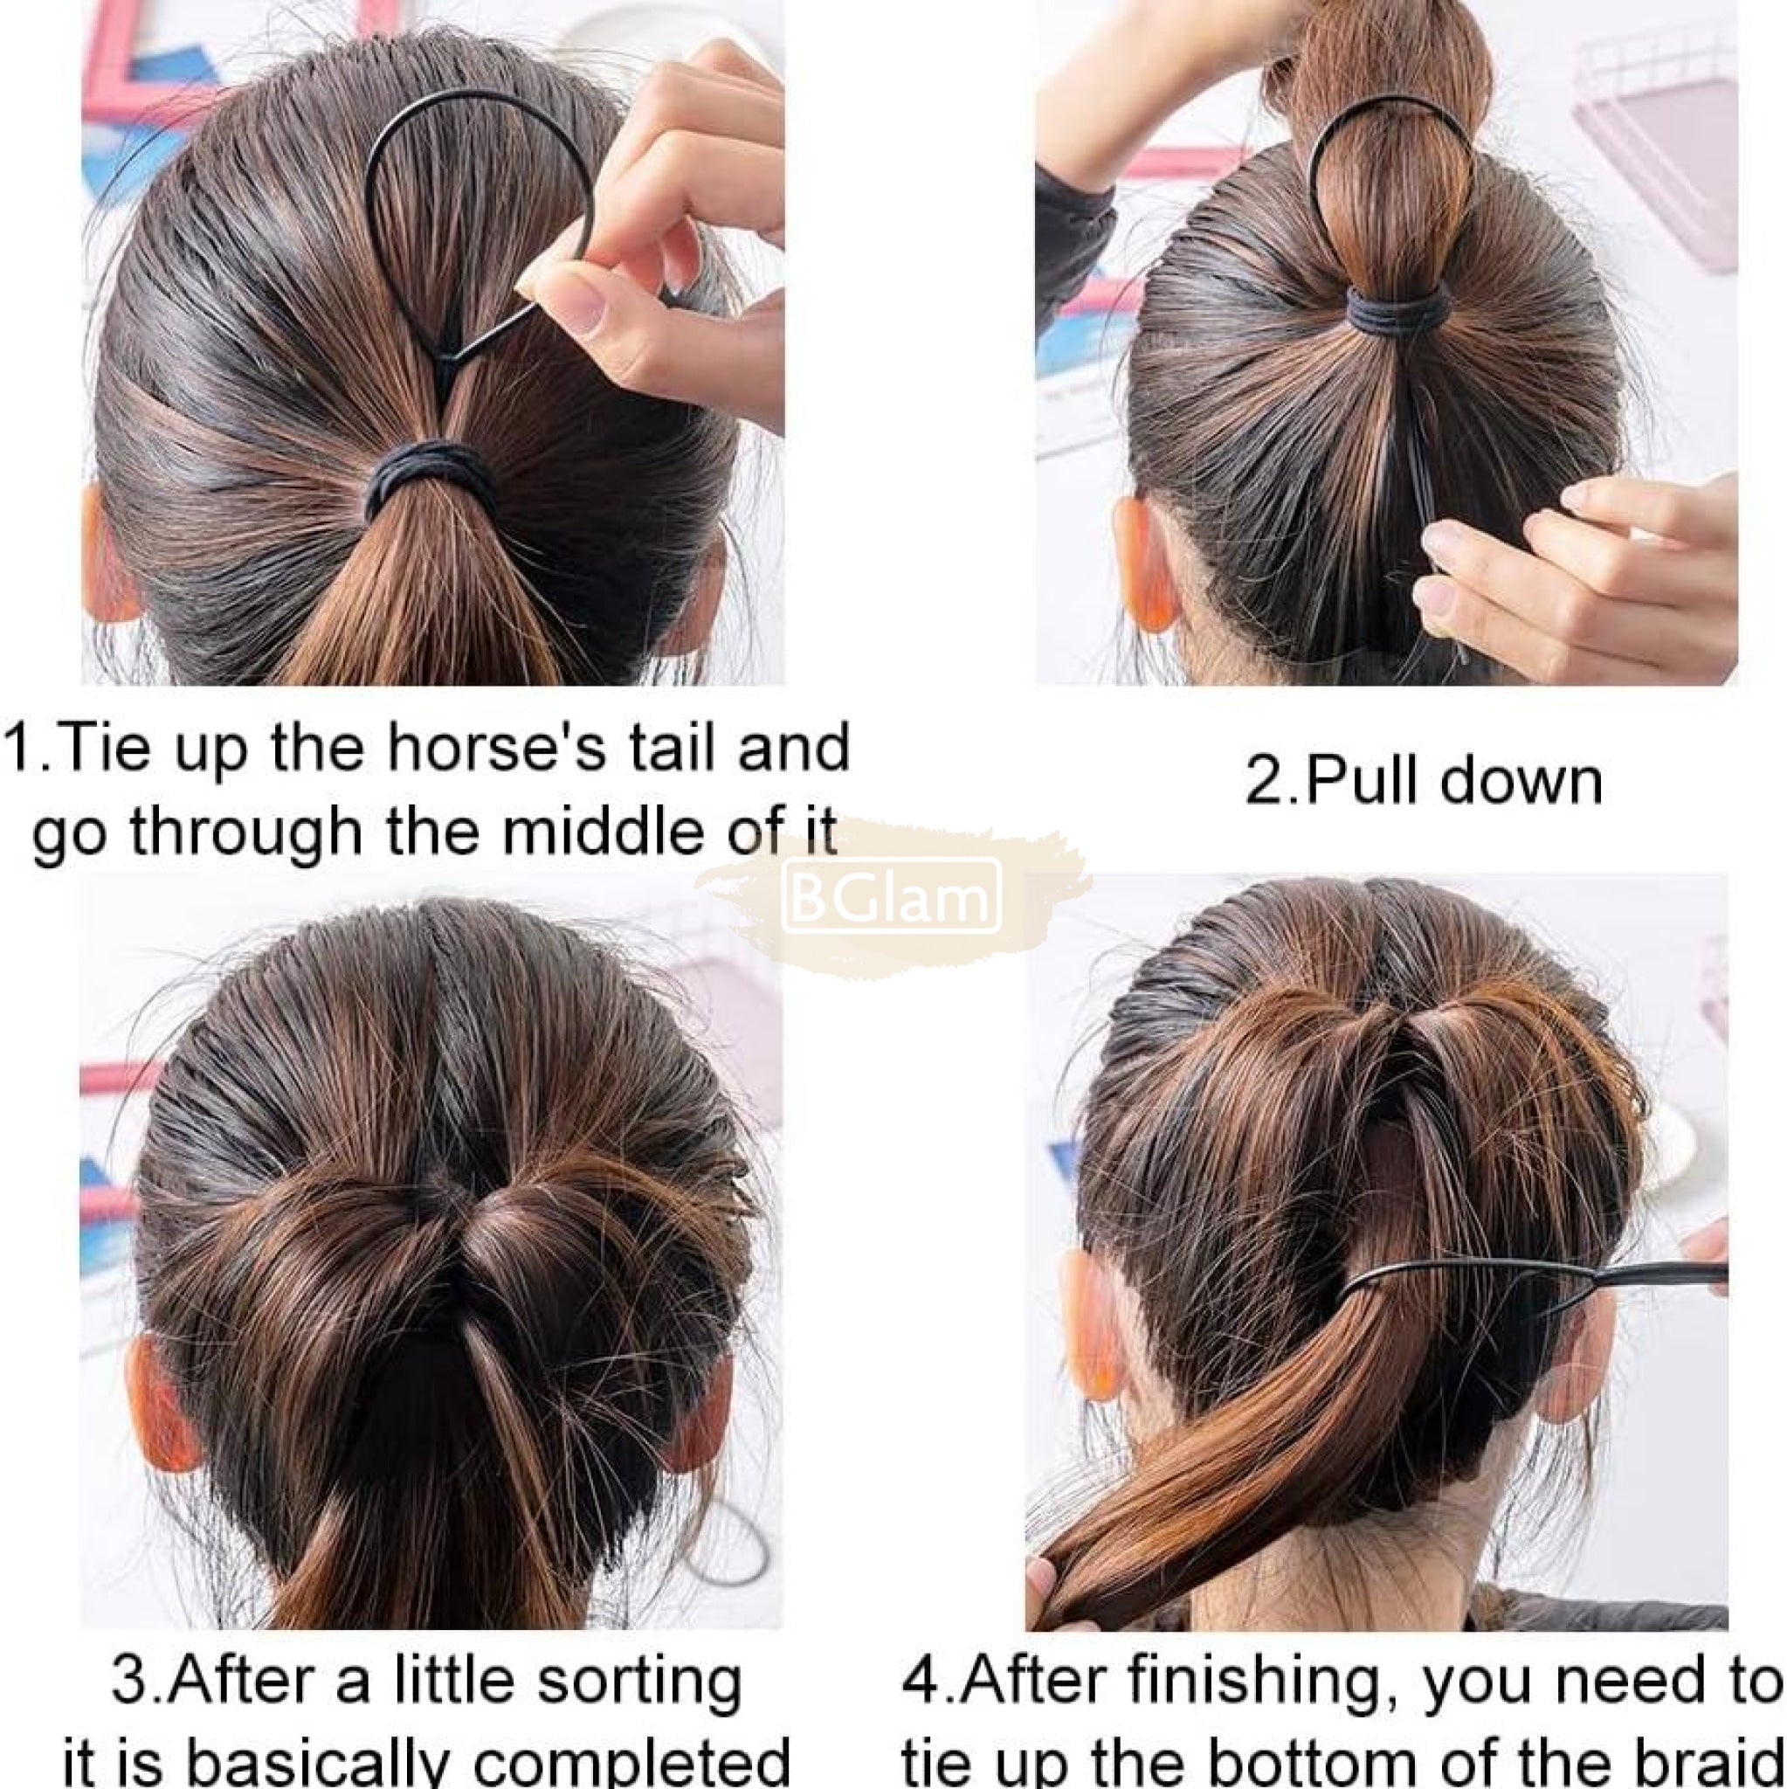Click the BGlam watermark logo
click(892, 895)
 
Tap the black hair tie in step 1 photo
click(428, 478)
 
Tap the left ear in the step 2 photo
click(1145, 563)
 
